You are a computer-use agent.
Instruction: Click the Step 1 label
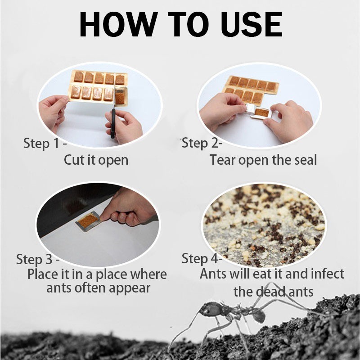45,144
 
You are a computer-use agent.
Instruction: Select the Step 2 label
202,144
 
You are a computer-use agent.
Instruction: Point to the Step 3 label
38,260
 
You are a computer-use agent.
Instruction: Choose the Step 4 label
202,258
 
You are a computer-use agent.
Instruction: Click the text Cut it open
96,160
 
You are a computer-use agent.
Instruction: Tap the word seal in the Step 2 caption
306,160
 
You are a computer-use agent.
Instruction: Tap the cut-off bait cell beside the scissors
120,96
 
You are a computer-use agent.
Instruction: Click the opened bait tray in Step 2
261,113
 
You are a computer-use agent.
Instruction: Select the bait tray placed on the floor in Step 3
88,221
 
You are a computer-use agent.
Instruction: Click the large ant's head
209,308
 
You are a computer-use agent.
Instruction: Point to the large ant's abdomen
258,315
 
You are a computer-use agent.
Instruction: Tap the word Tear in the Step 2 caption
222,160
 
